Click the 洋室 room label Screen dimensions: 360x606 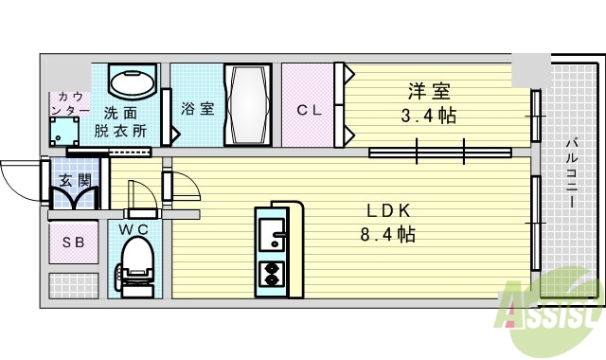coord(428,93)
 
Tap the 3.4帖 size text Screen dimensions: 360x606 coord(428,116)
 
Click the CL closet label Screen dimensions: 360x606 coord(310,110)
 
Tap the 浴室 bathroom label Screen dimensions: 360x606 coord(197,108)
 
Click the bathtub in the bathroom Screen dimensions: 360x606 coord(248,105)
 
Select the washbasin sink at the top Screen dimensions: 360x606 coord(133,82)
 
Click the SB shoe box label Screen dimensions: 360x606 coord(74,243)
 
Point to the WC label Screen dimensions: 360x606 coord(134,228)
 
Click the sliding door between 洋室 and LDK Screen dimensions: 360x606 coord(440,150)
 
